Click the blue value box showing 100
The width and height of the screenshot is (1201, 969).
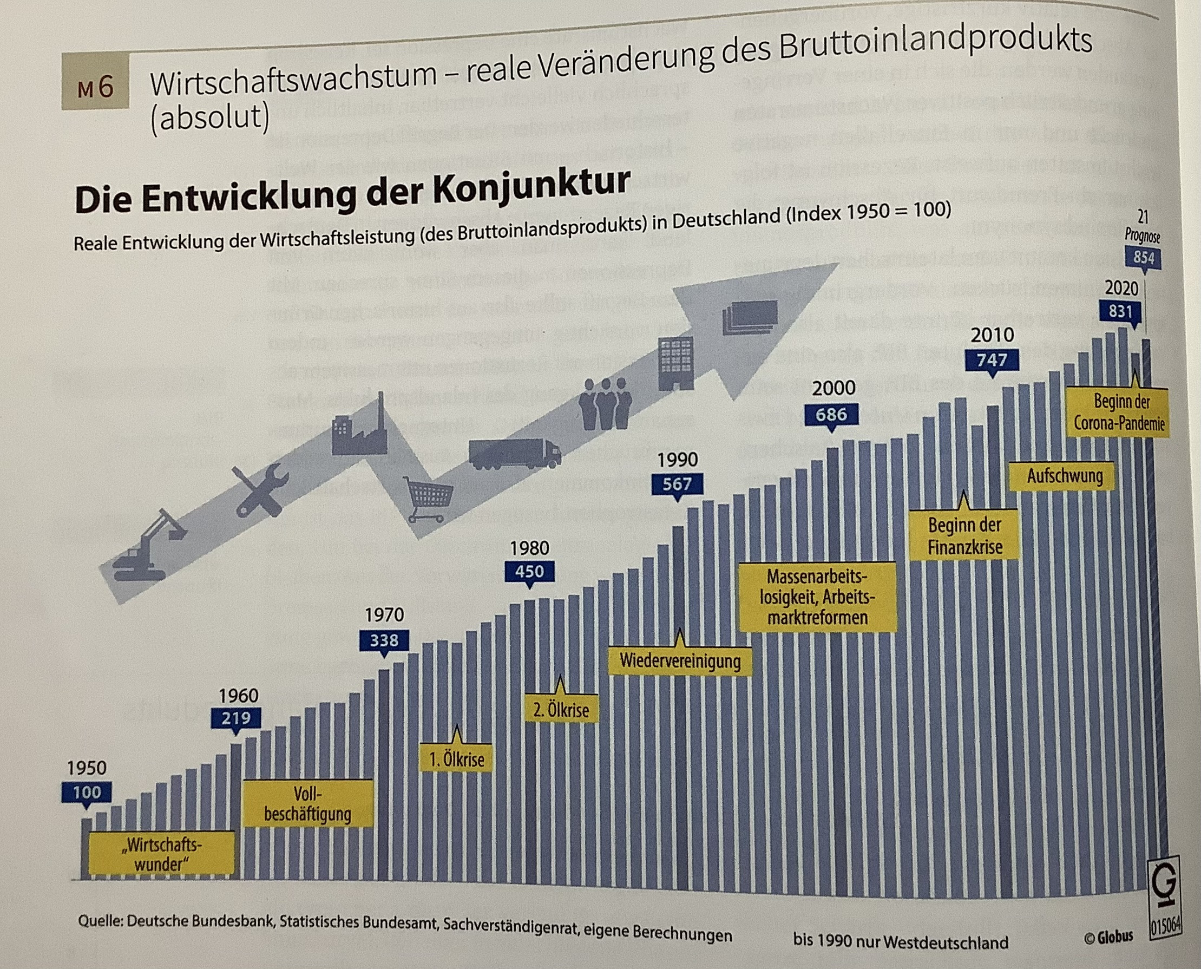click(x=87, y=792)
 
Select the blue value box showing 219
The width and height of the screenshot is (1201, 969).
click(x=235, y=718)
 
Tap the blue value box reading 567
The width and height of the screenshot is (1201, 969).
click(x=677, y=484)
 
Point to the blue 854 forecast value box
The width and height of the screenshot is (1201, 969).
click(x=1143, y=258)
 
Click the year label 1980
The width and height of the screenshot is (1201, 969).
click(x=530, y=548)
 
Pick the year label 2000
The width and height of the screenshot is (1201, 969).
click(x=833, y=388)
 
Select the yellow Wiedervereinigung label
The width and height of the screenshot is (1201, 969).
click(x=680, y=662)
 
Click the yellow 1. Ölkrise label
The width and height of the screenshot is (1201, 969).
click(x=456, y=759)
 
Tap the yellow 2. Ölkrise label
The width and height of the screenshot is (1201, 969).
click(x=561, y=710)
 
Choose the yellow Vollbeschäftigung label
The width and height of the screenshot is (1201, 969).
click(x=307, y=804)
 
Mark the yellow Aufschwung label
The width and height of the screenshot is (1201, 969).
click(x=1065, y=476)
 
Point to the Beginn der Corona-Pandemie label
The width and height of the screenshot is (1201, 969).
click(x=1119, y=413)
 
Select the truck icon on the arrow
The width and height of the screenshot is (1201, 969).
click(x=515, y=452)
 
